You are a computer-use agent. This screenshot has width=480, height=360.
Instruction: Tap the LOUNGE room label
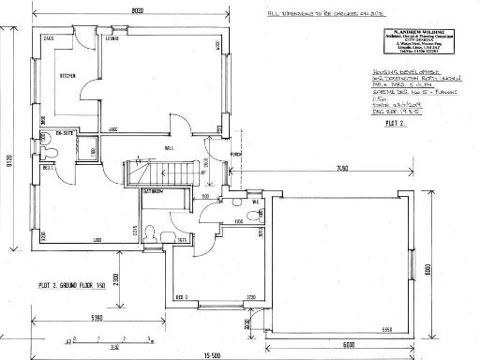coord(112,39)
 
